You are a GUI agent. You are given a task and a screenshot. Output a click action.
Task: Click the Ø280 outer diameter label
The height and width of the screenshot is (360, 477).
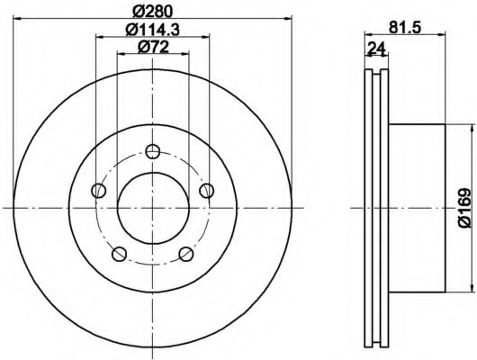(x=151, y=9)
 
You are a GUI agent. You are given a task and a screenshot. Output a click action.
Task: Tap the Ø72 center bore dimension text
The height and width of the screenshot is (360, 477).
(x=151, y=47)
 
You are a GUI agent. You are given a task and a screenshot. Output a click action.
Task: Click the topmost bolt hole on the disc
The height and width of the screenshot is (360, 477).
(x=152, y=150)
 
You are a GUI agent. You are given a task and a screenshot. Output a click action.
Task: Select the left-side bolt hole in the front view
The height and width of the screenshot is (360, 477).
(x=97, y=190)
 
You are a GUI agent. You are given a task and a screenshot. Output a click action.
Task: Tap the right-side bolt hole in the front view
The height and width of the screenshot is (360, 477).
(x=207, y=190)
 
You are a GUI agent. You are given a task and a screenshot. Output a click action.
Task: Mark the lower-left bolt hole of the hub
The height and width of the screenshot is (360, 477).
(x=118, y=254)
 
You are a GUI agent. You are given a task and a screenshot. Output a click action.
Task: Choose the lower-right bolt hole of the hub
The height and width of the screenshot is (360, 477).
(x=186, y=254)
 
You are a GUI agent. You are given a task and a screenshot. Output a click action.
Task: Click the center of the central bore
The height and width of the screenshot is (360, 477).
(x=152, y=208)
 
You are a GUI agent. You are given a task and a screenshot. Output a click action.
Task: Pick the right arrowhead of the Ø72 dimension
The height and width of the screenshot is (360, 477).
(x=184, y=55)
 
